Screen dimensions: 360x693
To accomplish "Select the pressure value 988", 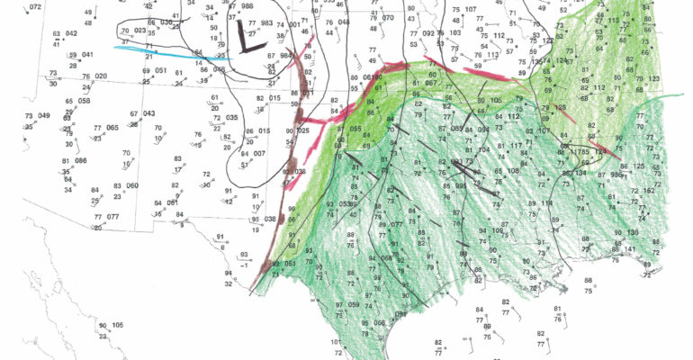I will coord(247,5).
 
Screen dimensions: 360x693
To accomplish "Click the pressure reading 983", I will coord(266,23).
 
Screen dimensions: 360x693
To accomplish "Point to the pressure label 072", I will coord(35,7).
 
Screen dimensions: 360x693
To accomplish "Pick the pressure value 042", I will coord(71,33).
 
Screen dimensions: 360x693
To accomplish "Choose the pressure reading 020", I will coord(101,76).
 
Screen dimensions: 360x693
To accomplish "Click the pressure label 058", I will coord(84,101).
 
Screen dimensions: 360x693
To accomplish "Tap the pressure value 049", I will coord(44,116).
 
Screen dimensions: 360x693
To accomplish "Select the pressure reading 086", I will coord(81,160).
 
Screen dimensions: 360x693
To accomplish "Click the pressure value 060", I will coord(132,185).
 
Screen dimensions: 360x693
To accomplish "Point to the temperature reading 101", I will coord(336,342).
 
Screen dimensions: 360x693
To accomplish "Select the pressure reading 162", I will coord(647,191).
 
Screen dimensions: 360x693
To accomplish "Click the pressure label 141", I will coord(630,249).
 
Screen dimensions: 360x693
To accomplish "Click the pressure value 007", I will coord(259,154).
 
